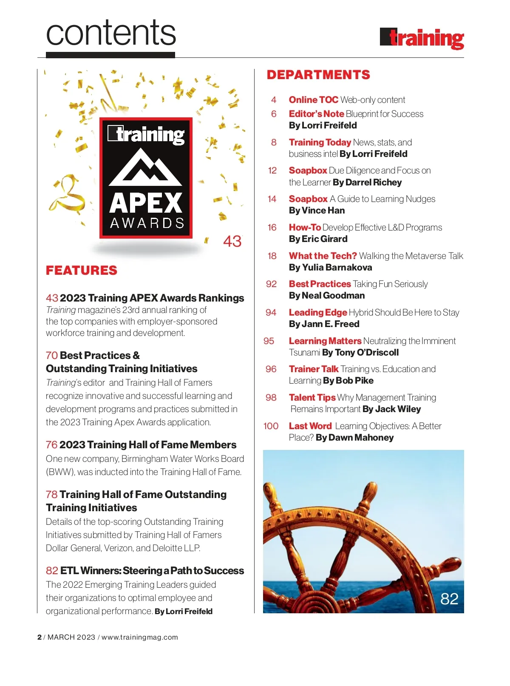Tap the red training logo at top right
click(x=422, y=39)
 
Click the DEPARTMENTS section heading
click(x=318, y=75)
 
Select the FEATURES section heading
click(x=82, y=270)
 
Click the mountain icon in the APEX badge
click(x=145, y=167)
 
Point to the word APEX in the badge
click(x=146, y=203)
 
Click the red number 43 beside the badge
click(x=232, y=242)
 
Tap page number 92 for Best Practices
click(x=271, y=284)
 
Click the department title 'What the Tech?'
click(x=323, y=256)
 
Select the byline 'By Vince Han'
click(x=317, y=211)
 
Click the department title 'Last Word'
click(x=310, y=426)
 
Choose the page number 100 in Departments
click(x=271, y=426)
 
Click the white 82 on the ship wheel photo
click(x=449, y=599)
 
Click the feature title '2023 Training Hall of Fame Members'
click(x=147, y=445)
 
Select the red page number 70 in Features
click(x=51, y=356)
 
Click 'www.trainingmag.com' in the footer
click(x=139, y=637)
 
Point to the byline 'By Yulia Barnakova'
click(x=330, y=268)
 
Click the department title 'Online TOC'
click(x=313, y=100)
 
